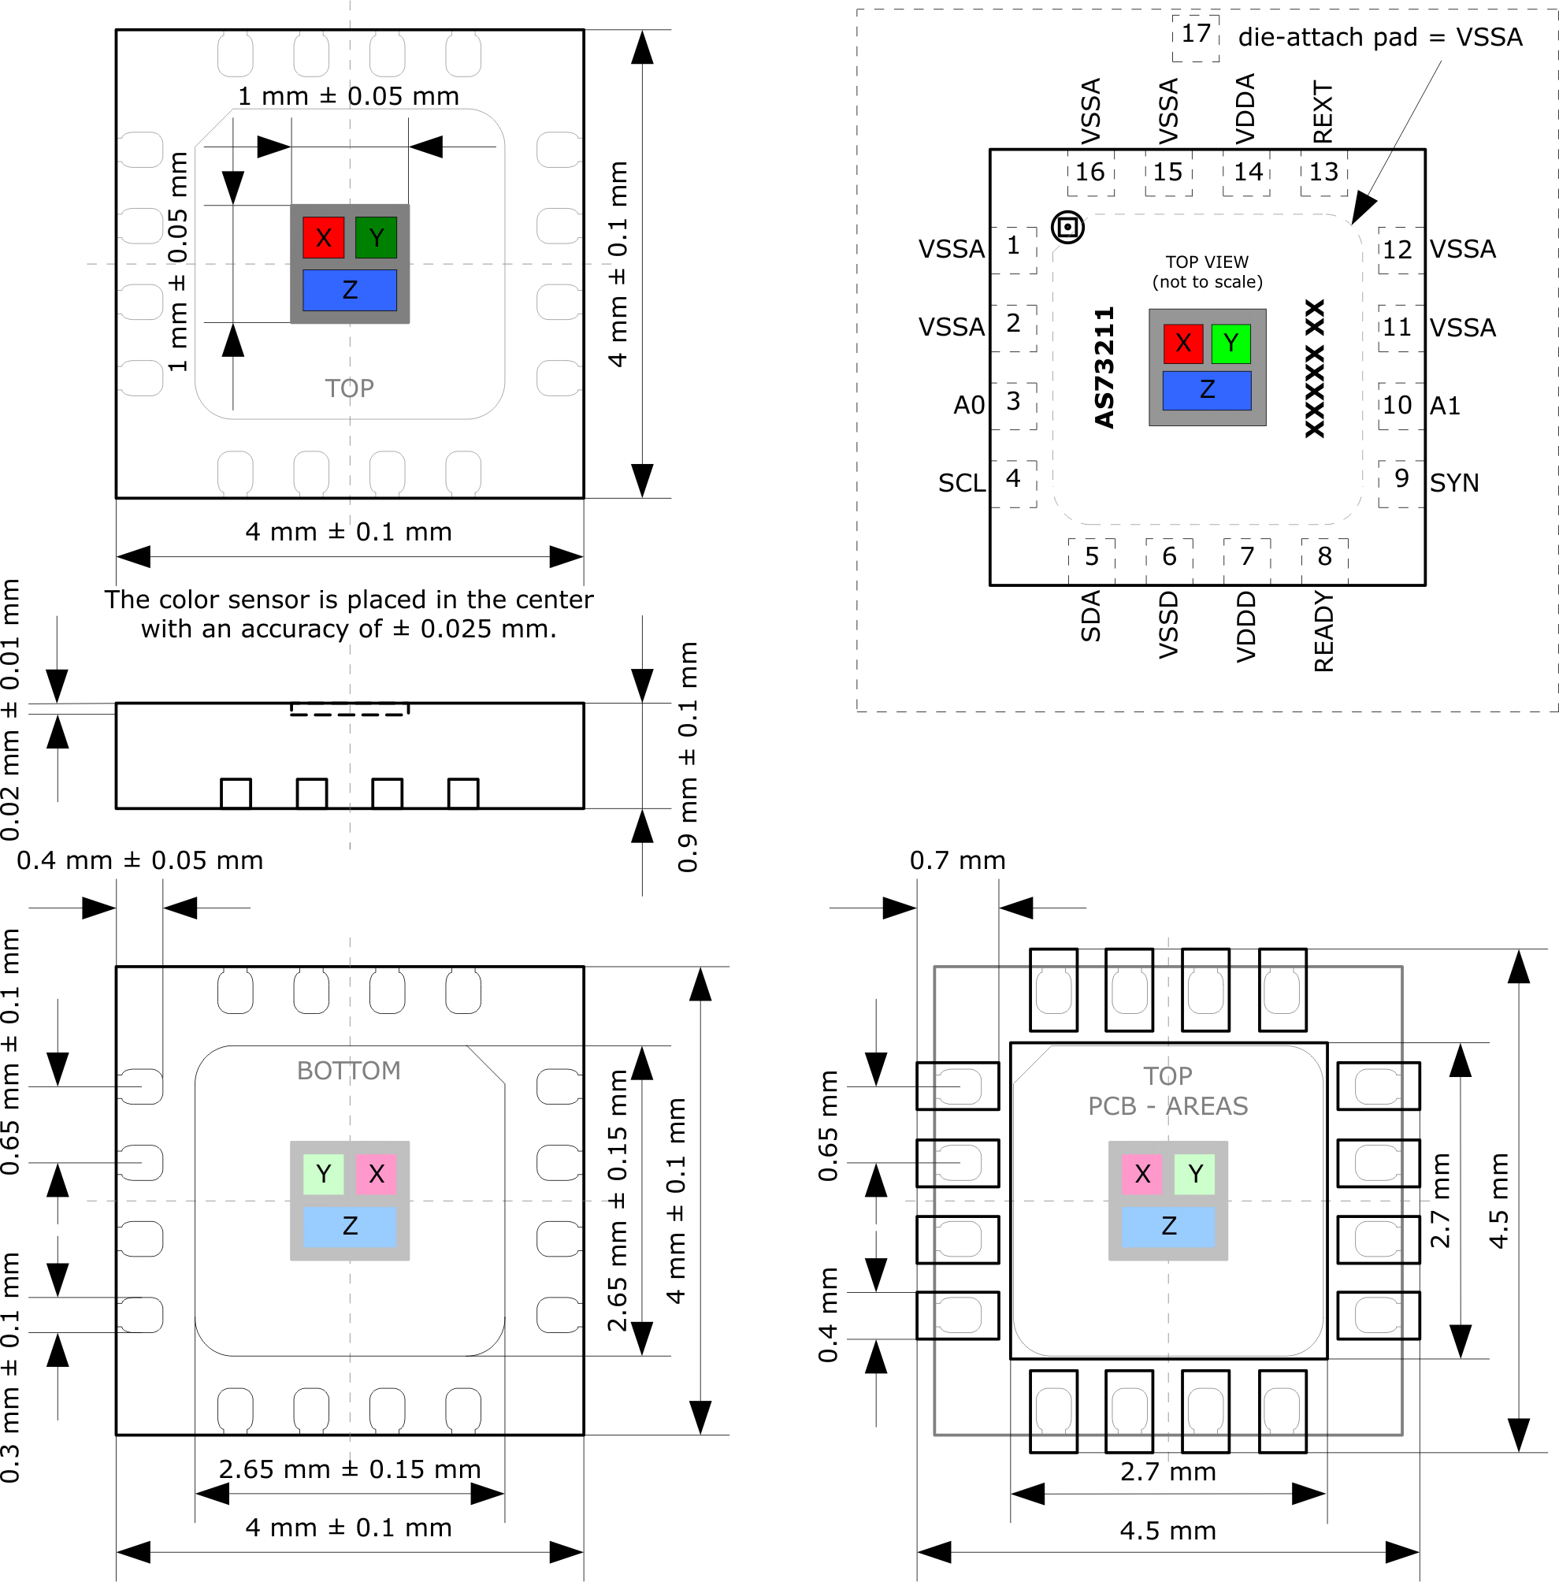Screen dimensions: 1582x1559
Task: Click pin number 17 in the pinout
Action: coord(1196,35)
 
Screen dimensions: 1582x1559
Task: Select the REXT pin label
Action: coord(1323,112)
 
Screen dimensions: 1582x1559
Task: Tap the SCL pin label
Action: coord(961,484)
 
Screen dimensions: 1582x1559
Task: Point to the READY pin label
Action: coord(1323,632)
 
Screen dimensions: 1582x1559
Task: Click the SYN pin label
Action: coord(1454,484)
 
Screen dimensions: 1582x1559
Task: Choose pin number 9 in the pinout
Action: coord(1401,479)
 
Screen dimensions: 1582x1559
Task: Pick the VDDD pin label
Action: coord(1245,627)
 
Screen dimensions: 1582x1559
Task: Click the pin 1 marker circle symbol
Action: coord(1067,228)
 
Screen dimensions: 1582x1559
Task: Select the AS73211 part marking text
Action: coord(1104,368)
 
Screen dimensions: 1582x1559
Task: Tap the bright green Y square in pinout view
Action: coord(1230,343)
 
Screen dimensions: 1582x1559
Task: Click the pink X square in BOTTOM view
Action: coord(376,1174)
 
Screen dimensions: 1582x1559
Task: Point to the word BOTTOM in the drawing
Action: coord(349,1071)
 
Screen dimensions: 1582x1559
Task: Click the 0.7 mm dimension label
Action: coord(957,860)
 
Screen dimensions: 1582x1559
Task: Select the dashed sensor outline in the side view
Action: coord(350,709)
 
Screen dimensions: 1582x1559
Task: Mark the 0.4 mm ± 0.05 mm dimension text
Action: coord(140,860)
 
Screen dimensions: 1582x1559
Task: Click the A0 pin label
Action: coord(969,405)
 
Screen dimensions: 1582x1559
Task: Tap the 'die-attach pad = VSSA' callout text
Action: coord(1379,38)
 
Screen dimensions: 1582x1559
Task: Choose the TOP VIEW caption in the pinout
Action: coord(1207,272)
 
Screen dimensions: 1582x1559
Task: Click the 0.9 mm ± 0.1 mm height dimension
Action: coord(689,757)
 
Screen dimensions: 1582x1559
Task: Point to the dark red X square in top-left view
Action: coord(324,238)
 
